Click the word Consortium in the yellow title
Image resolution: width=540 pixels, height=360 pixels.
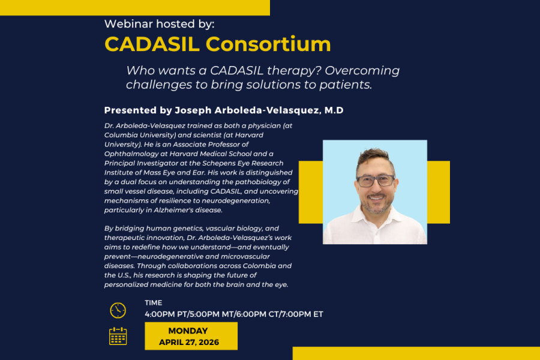[268, 44]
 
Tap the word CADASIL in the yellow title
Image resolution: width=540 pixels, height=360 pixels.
[152, 44]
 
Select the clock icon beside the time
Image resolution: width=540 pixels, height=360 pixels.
[118, 310]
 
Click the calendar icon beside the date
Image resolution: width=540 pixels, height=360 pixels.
[118, 336]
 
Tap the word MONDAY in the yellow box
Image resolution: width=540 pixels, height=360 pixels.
[188, 331]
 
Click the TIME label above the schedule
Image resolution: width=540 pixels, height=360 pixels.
[153, 303]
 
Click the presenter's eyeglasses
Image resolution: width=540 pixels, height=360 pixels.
[376, 181]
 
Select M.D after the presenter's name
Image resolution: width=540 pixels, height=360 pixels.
[334, 110]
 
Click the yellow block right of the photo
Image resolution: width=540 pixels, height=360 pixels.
[439, 192]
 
